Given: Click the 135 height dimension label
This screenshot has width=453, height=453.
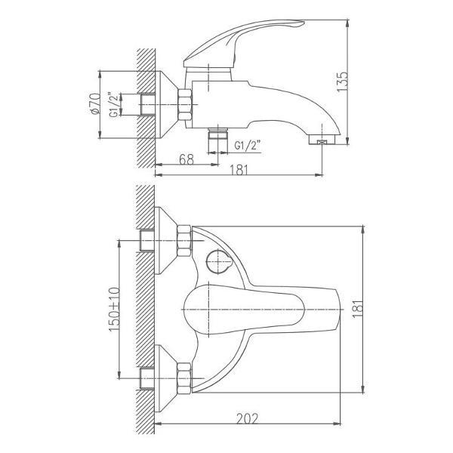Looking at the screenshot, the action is pos(343,82).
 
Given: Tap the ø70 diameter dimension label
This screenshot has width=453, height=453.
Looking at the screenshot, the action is pos(96,103).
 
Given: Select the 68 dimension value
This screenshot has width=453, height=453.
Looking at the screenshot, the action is pos(186,159).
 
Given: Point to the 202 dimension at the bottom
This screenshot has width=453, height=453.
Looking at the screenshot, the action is pos(247,418).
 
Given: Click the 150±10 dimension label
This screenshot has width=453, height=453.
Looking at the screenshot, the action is pos(115,309).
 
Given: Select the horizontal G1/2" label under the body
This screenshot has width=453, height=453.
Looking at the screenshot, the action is pos(248,145).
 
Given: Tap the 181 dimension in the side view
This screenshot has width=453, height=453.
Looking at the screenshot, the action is pos(239,170).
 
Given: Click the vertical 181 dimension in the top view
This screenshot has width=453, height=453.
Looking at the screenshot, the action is pos(357,309).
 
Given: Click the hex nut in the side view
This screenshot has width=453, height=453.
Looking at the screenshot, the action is pos(185,105).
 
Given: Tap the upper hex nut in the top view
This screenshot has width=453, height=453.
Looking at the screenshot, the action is pos(184,241).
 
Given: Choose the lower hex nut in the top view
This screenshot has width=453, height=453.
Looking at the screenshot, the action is pos(184,378).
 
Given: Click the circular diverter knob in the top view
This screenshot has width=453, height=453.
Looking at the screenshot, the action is pos(219,261).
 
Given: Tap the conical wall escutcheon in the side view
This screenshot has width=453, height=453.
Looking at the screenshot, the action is pos(167,105).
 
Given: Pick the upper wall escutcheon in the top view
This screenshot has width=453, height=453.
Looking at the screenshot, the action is pos(166,241).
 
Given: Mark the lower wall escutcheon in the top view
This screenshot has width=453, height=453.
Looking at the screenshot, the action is pos(166,378).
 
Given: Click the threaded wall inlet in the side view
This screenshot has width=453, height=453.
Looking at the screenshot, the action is pos(147,105).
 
